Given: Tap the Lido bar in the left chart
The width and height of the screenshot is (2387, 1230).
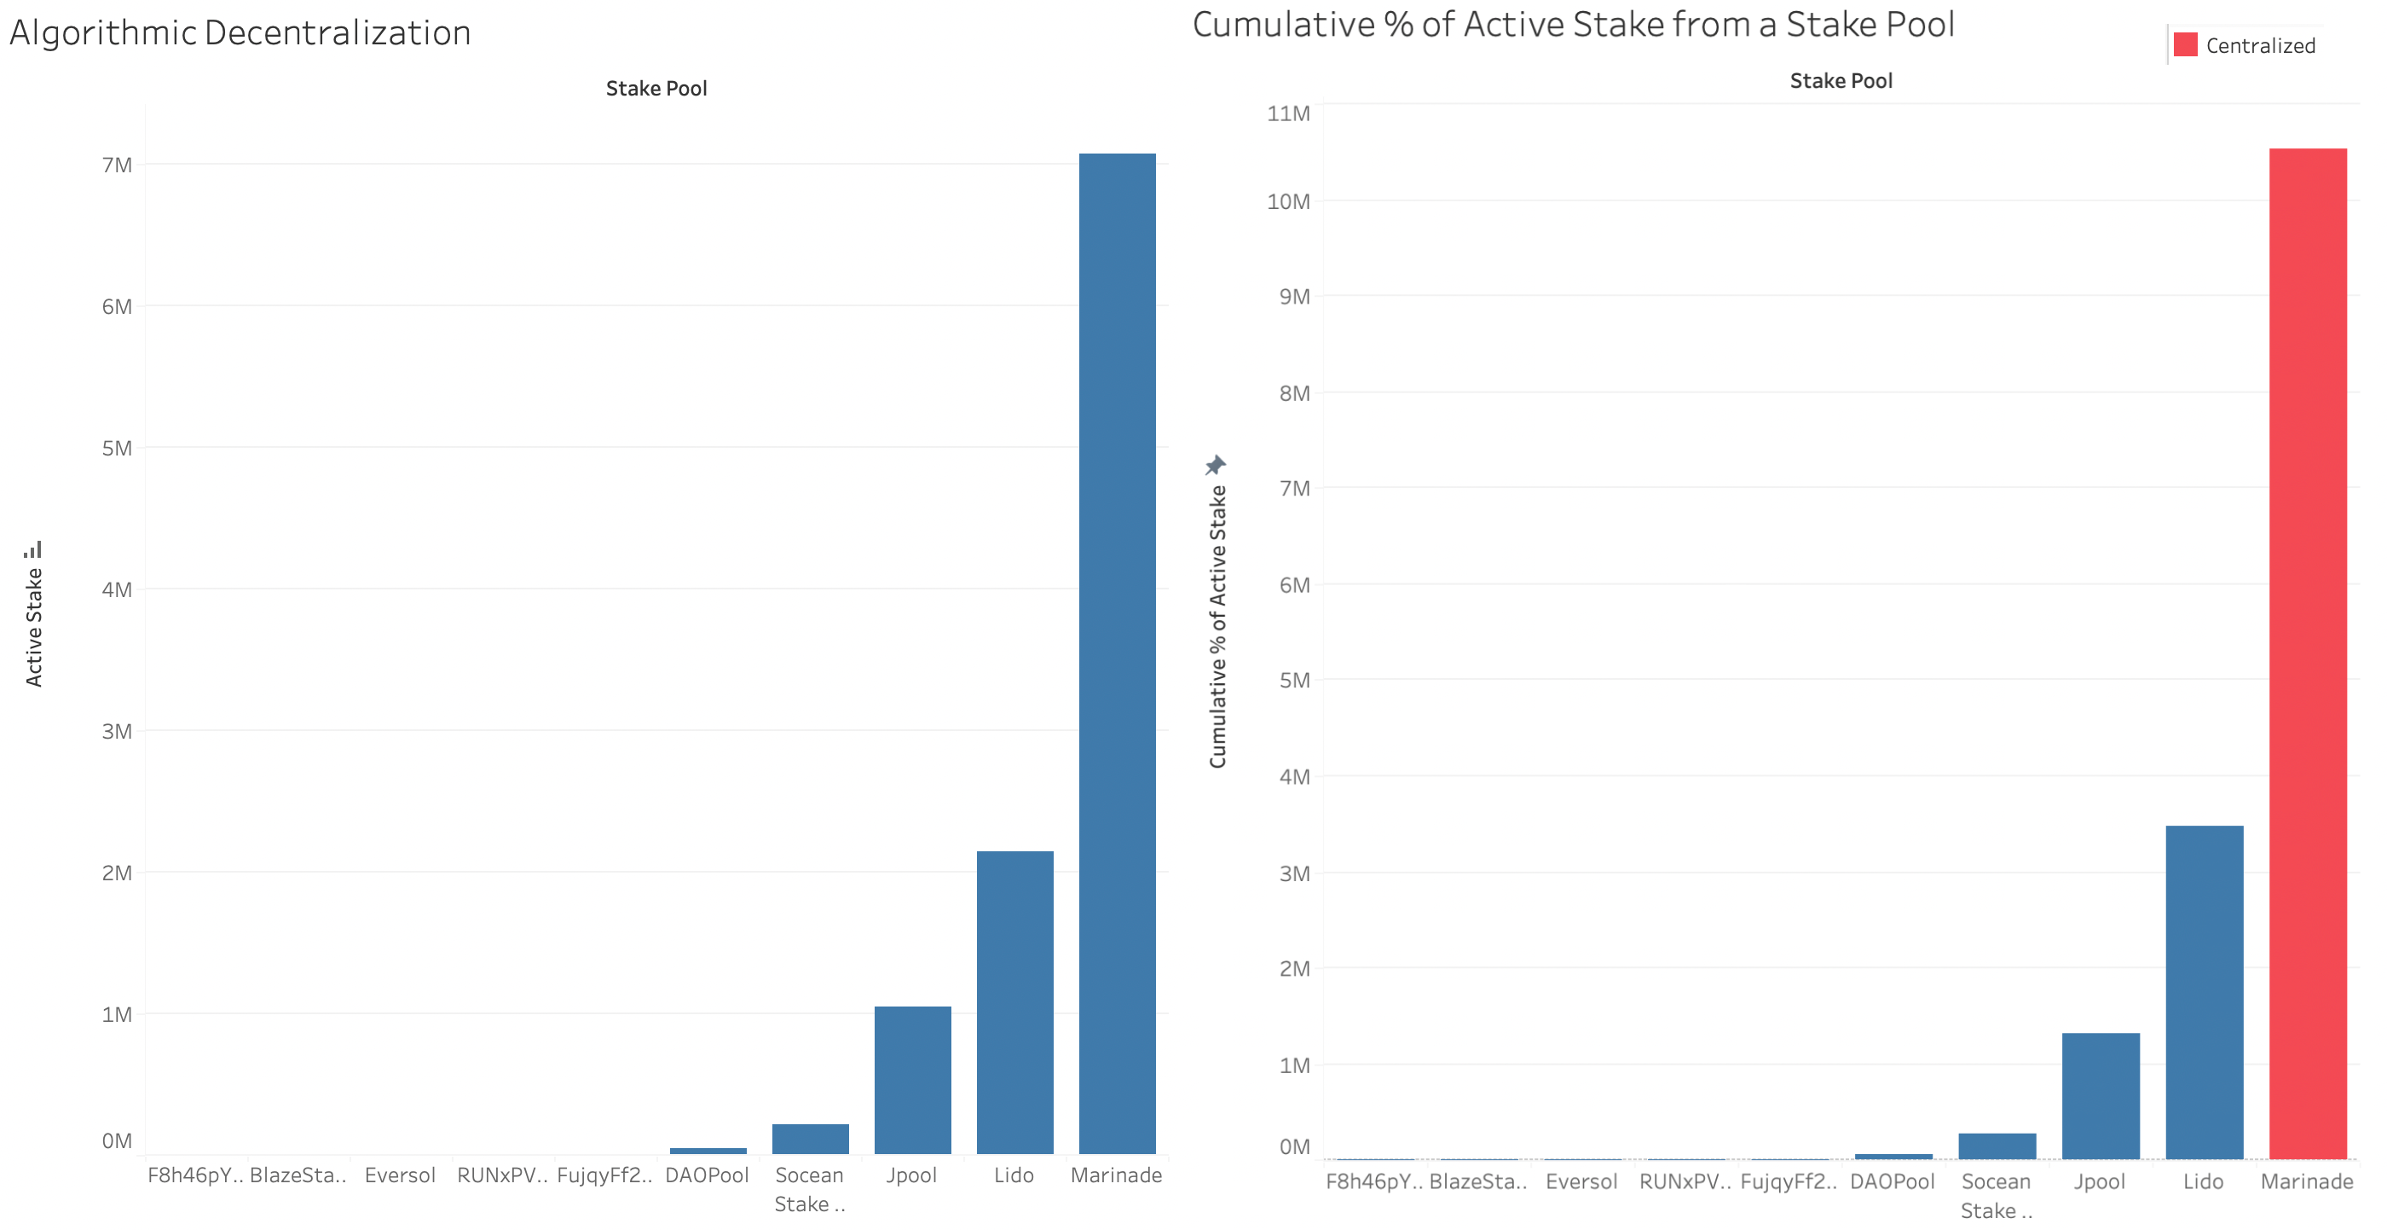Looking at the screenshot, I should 1014,1001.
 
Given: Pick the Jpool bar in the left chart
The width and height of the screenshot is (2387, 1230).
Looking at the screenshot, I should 913,1079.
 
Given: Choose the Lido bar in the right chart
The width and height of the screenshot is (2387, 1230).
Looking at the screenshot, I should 2204,992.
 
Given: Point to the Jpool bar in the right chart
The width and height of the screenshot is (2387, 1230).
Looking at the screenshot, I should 2101,1094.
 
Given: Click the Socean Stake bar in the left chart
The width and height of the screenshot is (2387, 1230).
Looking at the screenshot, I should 810,1138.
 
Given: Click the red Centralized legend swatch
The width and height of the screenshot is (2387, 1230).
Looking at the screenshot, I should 2185,44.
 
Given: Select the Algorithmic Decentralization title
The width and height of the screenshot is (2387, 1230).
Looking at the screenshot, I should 240,32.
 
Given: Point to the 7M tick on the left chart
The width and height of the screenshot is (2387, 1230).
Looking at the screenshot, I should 117,165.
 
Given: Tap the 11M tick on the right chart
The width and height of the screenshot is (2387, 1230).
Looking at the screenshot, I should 1288,113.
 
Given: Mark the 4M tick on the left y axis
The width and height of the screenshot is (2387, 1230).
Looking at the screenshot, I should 117,589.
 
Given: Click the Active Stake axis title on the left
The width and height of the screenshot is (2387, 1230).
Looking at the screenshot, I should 33,627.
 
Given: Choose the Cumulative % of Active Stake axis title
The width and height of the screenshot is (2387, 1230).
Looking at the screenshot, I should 1217,627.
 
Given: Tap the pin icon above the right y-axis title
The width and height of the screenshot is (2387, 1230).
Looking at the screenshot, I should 1215,464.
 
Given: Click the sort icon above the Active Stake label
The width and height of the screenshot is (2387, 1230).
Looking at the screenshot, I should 33,549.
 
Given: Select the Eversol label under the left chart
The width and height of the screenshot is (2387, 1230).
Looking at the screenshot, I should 399,1175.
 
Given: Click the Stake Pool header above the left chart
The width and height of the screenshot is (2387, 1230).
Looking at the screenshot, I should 656,88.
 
